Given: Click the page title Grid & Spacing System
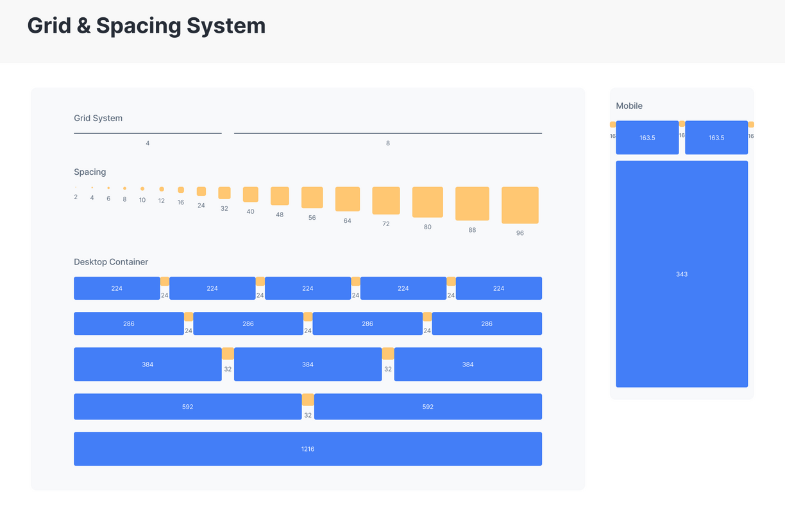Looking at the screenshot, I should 146,26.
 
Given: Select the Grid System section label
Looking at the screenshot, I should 98,118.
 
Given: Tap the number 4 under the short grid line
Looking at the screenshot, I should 148,143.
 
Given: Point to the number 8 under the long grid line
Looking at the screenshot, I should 388,143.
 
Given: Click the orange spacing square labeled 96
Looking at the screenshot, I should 519,205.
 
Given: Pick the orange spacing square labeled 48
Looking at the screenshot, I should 280,196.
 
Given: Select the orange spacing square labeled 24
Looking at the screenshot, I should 201,192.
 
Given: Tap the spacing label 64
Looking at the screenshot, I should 347,221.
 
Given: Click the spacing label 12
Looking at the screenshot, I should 162,200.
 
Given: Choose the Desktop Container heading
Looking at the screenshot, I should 111,262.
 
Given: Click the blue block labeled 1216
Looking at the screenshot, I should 308,449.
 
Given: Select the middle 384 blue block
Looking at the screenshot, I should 308,364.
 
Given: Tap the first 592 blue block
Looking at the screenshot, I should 187,407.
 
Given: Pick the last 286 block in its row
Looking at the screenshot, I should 487,323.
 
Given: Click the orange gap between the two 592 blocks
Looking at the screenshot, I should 308,400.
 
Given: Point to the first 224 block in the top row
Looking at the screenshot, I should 117,288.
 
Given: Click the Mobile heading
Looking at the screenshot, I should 629,106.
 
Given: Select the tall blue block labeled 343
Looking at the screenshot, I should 682,274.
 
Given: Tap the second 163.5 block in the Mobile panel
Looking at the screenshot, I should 716,138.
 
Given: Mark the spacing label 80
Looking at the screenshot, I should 428,227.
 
